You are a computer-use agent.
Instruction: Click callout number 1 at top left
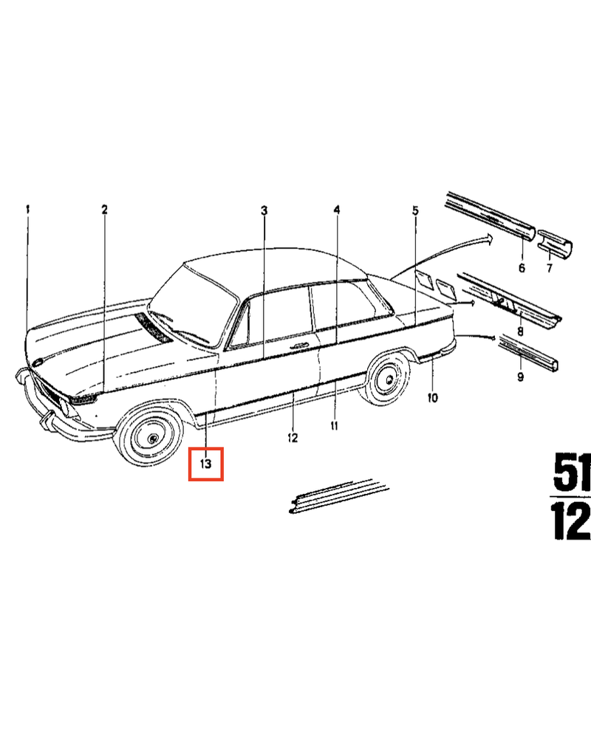[x=27, y=210]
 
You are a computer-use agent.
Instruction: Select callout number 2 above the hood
[x=104, y=210]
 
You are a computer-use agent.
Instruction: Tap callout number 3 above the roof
[x=264, y=211]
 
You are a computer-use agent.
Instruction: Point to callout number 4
[x=337, y=210]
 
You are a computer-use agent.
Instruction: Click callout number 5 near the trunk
[x=415, y=210]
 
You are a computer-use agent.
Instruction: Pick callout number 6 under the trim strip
[x=522, y=267]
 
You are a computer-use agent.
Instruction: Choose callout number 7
[x=549, y=268]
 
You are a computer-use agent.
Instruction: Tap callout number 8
[x=520, y=331]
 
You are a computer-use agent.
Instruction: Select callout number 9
[x=520, y=377]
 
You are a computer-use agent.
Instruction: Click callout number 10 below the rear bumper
[x=433, y=398]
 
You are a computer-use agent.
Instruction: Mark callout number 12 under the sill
[x=293, y=438]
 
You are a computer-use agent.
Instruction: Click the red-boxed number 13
[x=205, y=464]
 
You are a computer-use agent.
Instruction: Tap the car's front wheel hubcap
[x=152, y=438]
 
